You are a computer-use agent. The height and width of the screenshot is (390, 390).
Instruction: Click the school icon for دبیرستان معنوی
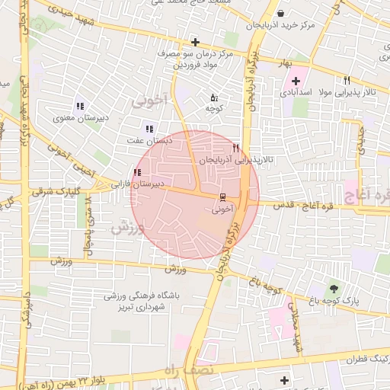point(79,106)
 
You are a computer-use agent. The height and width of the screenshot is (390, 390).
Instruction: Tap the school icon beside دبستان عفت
point(149,129)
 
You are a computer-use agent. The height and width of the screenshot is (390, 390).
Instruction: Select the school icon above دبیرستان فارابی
point(137,173)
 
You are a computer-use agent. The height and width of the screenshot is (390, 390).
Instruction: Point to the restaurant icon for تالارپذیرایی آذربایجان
point(236,148)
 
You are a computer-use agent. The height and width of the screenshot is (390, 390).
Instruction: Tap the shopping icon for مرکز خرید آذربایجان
point(281,13)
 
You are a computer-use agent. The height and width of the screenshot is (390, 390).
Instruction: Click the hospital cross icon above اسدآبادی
point(296,81)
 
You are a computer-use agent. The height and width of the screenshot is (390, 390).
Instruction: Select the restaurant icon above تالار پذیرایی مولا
point(347,80)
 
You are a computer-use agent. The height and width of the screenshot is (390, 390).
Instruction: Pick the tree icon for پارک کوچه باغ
point(334,289)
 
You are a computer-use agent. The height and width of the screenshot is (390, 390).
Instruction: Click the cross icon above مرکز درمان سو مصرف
point(196,42)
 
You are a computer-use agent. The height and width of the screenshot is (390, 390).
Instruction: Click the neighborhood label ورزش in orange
point(126,227)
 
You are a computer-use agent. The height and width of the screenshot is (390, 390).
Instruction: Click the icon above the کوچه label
point(213,97)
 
